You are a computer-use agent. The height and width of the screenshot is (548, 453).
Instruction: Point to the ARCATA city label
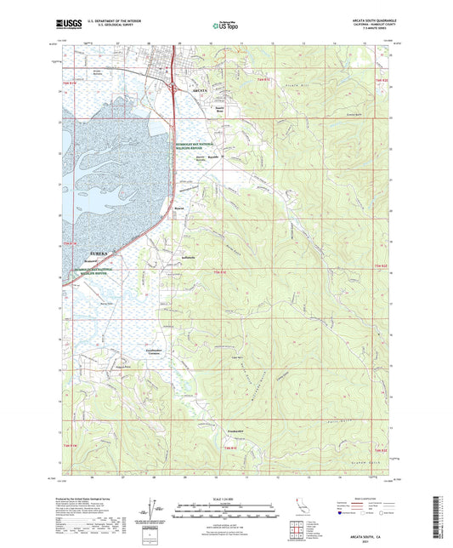[201, 88]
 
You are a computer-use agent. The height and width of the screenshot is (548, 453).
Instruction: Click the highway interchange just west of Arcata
[175, 85]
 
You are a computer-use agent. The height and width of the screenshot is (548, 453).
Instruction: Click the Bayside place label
[214, 157]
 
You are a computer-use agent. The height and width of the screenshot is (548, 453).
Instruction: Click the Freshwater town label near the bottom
[235, 431]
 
